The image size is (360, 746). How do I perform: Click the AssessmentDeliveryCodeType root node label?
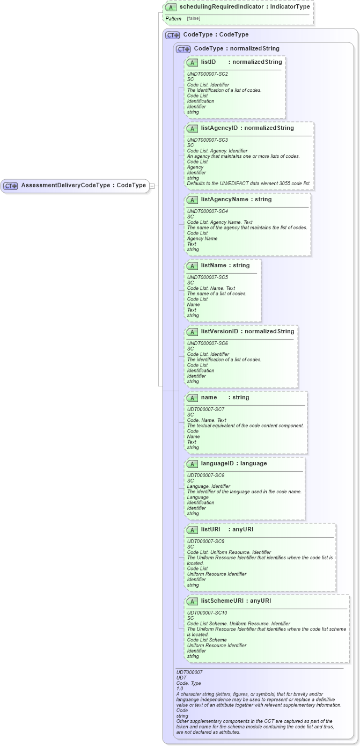83,186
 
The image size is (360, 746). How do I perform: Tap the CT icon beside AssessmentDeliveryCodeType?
11,186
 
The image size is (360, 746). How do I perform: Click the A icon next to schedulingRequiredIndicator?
171,8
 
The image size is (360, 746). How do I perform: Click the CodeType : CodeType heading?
216,34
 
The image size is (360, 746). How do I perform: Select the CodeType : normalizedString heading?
236,48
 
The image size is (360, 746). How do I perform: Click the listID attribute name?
208,62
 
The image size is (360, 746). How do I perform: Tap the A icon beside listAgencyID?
192,128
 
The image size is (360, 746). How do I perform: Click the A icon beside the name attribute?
192,398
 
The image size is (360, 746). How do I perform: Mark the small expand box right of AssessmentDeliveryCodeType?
152,186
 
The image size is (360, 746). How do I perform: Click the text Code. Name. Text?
207,420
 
